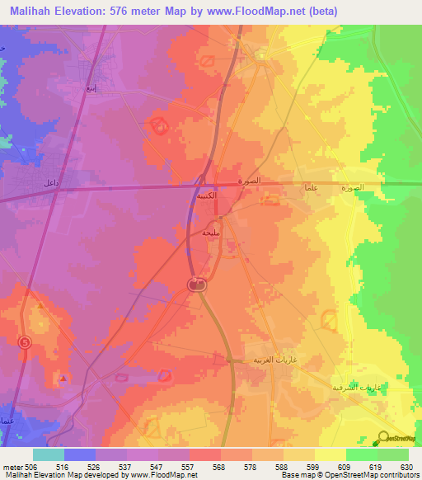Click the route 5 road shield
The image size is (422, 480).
point(25,342)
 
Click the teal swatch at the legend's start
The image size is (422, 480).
point(48,454)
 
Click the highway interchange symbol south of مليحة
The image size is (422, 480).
point(196,285)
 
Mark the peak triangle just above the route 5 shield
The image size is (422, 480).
point(40,306)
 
